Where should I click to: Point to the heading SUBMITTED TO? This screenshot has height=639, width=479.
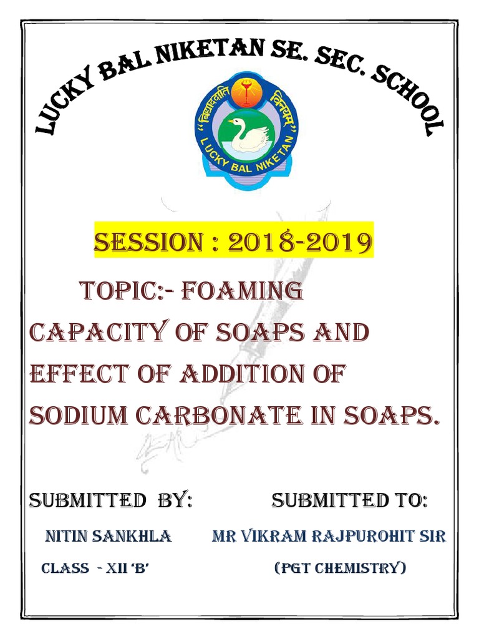(x=349, y=500)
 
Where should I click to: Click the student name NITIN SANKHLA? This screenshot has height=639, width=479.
(x=109, y=536)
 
